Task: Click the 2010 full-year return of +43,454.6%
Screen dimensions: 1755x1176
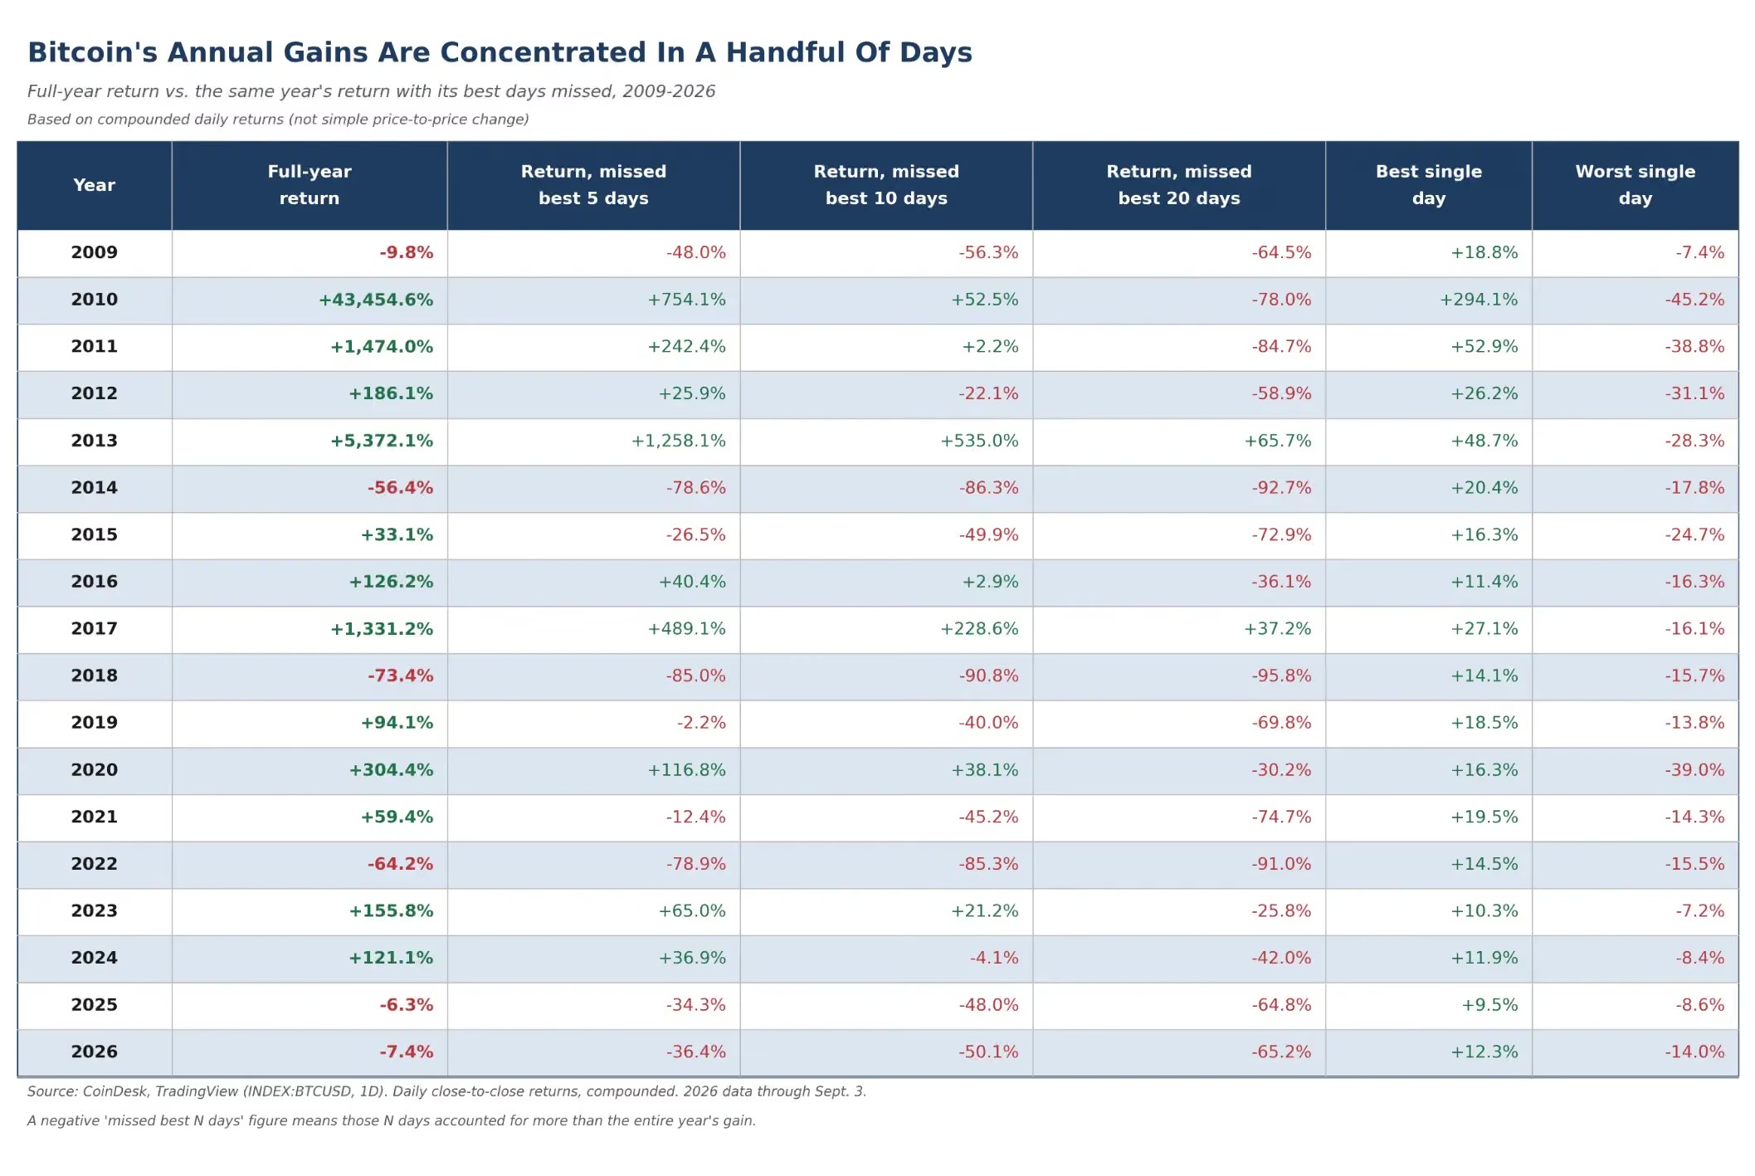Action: pos(376,300)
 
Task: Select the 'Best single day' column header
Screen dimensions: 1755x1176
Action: pos(1428,185)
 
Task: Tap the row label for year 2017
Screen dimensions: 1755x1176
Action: pos(94,629)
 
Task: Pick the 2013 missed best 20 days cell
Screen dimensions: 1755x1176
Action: pos(1277,441)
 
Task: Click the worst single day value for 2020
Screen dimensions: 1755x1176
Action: pos(1694,770)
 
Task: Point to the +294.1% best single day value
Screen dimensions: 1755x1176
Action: pos(1478,300)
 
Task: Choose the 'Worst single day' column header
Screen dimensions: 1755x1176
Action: pos(1635,185)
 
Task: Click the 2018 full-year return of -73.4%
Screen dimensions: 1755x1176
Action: pos(400,676)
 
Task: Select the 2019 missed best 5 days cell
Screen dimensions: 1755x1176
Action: pos(701,723)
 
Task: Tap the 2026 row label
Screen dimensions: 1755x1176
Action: pos(94,1052)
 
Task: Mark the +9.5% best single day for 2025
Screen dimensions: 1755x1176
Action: pos(1489,1005)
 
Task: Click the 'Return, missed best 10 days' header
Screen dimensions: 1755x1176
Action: pos(886,185)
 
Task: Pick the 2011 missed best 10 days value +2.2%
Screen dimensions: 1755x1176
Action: pos(990,347)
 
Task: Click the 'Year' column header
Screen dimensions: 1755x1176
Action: pos(94,185)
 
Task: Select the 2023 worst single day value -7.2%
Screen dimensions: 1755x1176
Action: pos(1699,911)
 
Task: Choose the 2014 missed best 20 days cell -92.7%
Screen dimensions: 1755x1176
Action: pos(1281,488)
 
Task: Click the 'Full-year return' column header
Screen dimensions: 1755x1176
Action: pos(310,185)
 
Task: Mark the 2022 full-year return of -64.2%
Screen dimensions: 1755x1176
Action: pos(400,864)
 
